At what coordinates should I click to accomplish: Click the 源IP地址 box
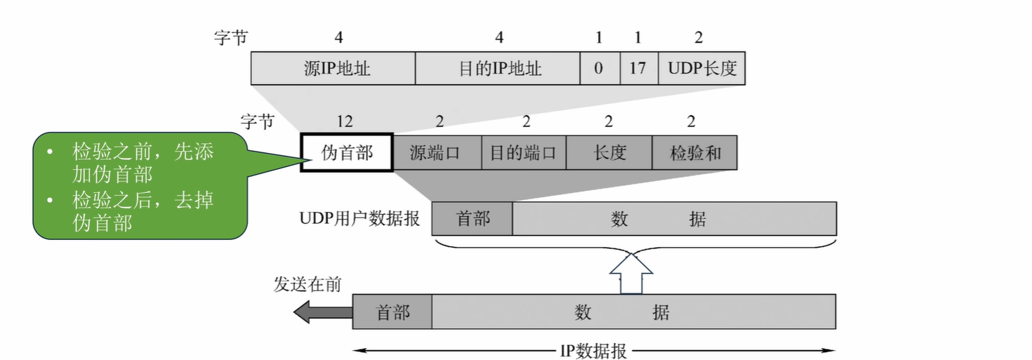tap(333, 68)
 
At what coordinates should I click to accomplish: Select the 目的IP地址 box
tap(497, 68)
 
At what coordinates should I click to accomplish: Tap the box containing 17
tap(638, 68)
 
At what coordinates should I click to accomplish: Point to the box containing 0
tap(599, 68)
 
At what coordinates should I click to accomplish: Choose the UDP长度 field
tap(701, 68)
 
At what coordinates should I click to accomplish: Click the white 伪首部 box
tap(347, 152)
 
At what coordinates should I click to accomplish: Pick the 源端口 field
tap(436, 152)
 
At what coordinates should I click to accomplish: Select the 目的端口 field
tap(523, 152)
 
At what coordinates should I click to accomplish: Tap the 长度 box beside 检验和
tap(609, 152)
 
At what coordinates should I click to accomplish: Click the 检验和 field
tap(694, 152)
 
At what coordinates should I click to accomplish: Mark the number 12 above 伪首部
tap(344, 121)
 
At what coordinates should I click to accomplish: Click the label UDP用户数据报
tap(359, 219)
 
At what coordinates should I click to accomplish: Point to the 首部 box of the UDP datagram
tap(472, 219)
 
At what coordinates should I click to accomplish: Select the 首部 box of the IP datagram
tap(392, 312)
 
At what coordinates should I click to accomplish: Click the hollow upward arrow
tap(630, 274)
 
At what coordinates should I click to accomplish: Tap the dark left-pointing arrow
tap(322, 312)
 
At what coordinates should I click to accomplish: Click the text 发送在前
tap(307, 284)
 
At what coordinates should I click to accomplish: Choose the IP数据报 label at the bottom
tap(593, 351)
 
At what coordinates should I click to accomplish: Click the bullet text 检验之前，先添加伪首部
tap(143, 164)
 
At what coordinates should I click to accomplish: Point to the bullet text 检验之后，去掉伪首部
tap(143, 212)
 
